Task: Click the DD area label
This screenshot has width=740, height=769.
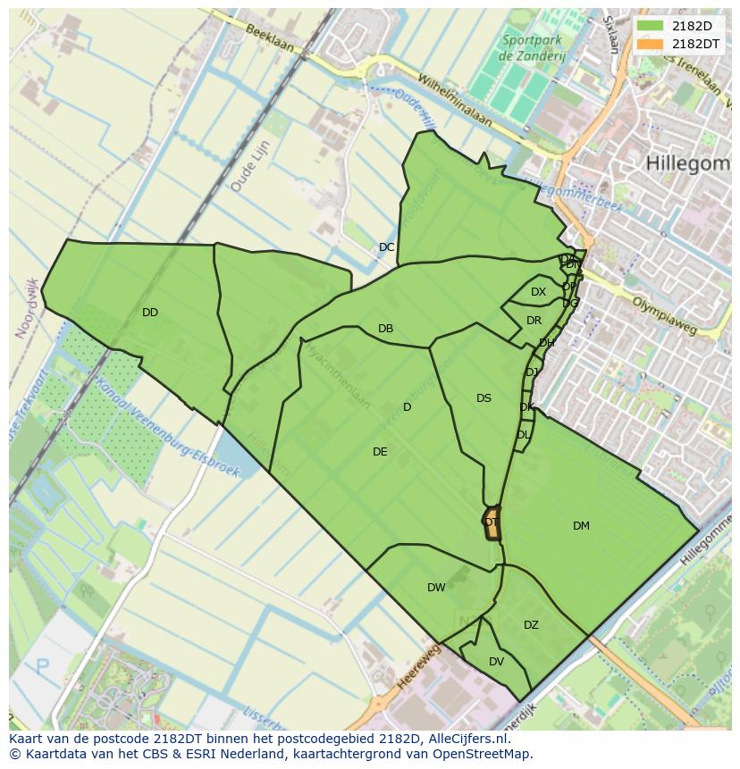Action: [149, 313]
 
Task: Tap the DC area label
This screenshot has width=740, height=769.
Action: [386, 247]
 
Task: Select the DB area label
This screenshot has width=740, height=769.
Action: [385, 329]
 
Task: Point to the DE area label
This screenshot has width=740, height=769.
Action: [380, 452]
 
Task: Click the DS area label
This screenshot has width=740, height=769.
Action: [484, 398]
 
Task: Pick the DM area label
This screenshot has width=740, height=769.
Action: [581, 526]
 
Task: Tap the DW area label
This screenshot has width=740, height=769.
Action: [436, 588]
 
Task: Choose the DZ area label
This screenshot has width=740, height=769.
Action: [531, 625]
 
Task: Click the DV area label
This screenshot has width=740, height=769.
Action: [496, 662]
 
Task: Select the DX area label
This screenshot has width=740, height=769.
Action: [538, 292]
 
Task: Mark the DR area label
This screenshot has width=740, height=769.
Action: [534, 321]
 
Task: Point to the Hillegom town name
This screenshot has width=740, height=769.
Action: [686, 163]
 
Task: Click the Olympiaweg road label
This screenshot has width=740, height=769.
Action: [663, 315]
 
